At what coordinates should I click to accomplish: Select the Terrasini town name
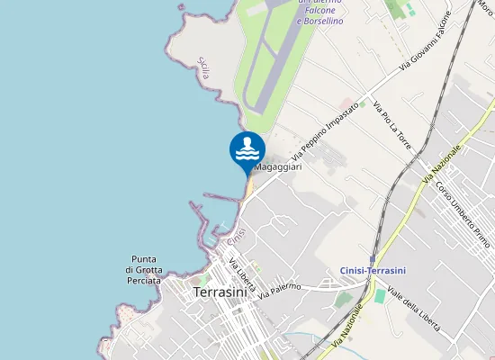pos(220,292)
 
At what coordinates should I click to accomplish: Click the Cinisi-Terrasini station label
pos(373,270)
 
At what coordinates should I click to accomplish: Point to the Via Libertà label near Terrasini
pos(242,276)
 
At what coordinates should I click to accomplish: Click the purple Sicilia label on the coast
pos(202,68)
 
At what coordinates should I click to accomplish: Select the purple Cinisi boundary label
pos(236,237)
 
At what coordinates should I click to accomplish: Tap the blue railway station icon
pos(373,258)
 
